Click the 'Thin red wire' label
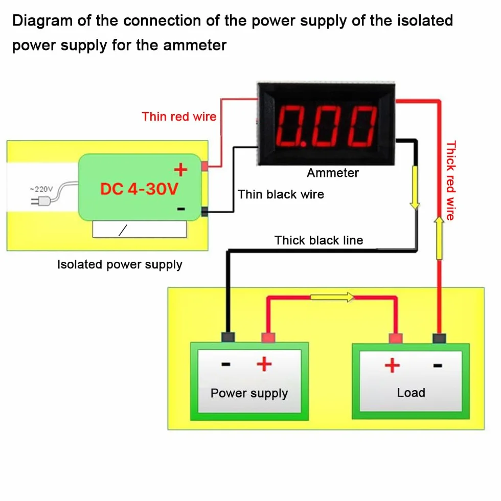point(179,117)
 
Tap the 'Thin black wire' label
point(281,194)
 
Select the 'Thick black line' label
point(318,240)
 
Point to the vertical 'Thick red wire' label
point(450,180)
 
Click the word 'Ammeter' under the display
point(333,173)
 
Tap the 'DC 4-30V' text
point(139,189)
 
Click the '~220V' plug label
point(41,189)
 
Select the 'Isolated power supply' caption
point(120,265)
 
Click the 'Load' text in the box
point(411,393)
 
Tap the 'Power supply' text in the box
point(249,393)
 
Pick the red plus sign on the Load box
point(392,366)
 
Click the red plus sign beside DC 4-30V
point(180,169)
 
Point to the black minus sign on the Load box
point(438,366)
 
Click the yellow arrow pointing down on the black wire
point(415,188)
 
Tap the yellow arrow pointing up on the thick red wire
point(439,238)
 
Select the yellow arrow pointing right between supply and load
point(332,297)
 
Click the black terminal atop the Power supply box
point(228,337)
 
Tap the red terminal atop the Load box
point(396,338)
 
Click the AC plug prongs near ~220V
point(36,201)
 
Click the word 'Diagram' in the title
point(42,21)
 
